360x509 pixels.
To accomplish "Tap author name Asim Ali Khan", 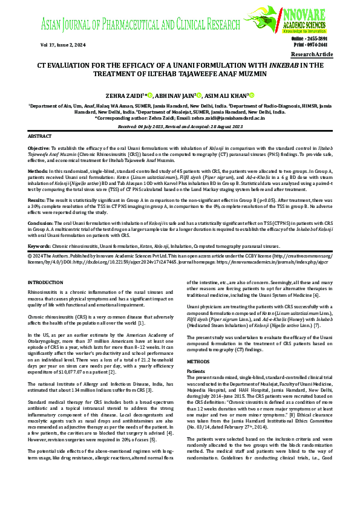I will [x=223, y=96].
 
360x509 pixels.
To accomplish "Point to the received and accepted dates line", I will [x=180, y=126].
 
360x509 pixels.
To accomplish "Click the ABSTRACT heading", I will [x=40, y=137].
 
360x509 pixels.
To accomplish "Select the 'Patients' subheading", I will [x=195, y=354].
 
